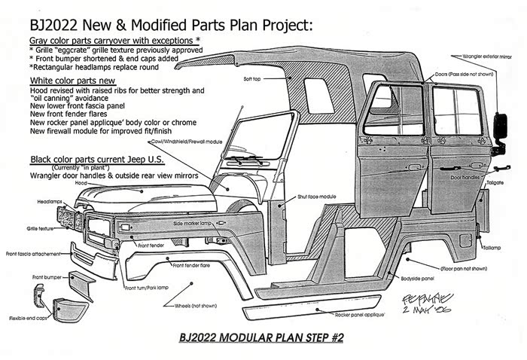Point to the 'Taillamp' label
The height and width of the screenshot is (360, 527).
tap(492, 246)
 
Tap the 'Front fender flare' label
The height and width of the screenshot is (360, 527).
tap(194, 265)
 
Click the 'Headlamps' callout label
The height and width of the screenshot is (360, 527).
tap(49, 203)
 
